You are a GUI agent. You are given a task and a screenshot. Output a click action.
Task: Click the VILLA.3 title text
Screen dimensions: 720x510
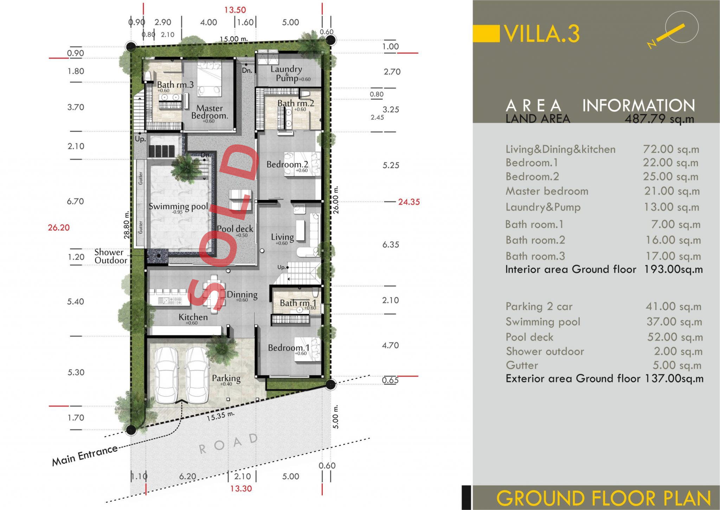pos(542,34)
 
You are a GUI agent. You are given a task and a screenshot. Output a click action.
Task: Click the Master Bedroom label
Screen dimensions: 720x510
pos(210,112)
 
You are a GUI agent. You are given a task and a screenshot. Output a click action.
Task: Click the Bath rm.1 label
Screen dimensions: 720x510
pos(298,303)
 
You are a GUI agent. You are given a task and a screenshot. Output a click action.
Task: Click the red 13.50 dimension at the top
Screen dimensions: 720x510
pos(235,10)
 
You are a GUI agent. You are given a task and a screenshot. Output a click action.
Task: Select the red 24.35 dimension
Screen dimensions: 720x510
pos(409,202)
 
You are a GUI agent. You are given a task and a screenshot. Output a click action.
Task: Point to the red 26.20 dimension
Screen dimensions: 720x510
pos(59,227)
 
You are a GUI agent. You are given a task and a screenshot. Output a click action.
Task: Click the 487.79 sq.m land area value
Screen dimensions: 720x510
pos(659,119)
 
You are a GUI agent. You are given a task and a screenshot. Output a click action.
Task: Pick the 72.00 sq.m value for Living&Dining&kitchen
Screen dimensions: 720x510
pos(671,149)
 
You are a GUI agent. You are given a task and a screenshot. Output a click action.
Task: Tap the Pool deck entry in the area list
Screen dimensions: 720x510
pos(529,337)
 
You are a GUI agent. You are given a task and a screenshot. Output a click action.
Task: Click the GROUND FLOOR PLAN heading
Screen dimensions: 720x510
pos(603,498)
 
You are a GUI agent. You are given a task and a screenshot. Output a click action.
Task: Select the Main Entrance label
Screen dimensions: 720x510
pos(85,455)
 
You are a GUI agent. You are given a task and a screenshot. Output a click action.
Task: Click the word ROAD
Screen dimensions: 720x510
pos(228,444)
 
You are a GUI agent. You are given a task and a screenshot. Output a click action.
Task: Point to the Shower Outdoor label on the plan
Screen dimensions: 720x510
pos(111,256)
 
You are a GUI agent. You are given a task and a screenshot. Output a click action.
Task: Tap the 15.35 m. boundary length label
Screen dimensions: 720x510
pos(220,416)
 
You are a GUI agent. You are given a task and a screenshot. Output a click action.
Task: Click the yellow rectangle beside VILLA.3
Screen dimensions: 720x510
pos(486,33)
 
